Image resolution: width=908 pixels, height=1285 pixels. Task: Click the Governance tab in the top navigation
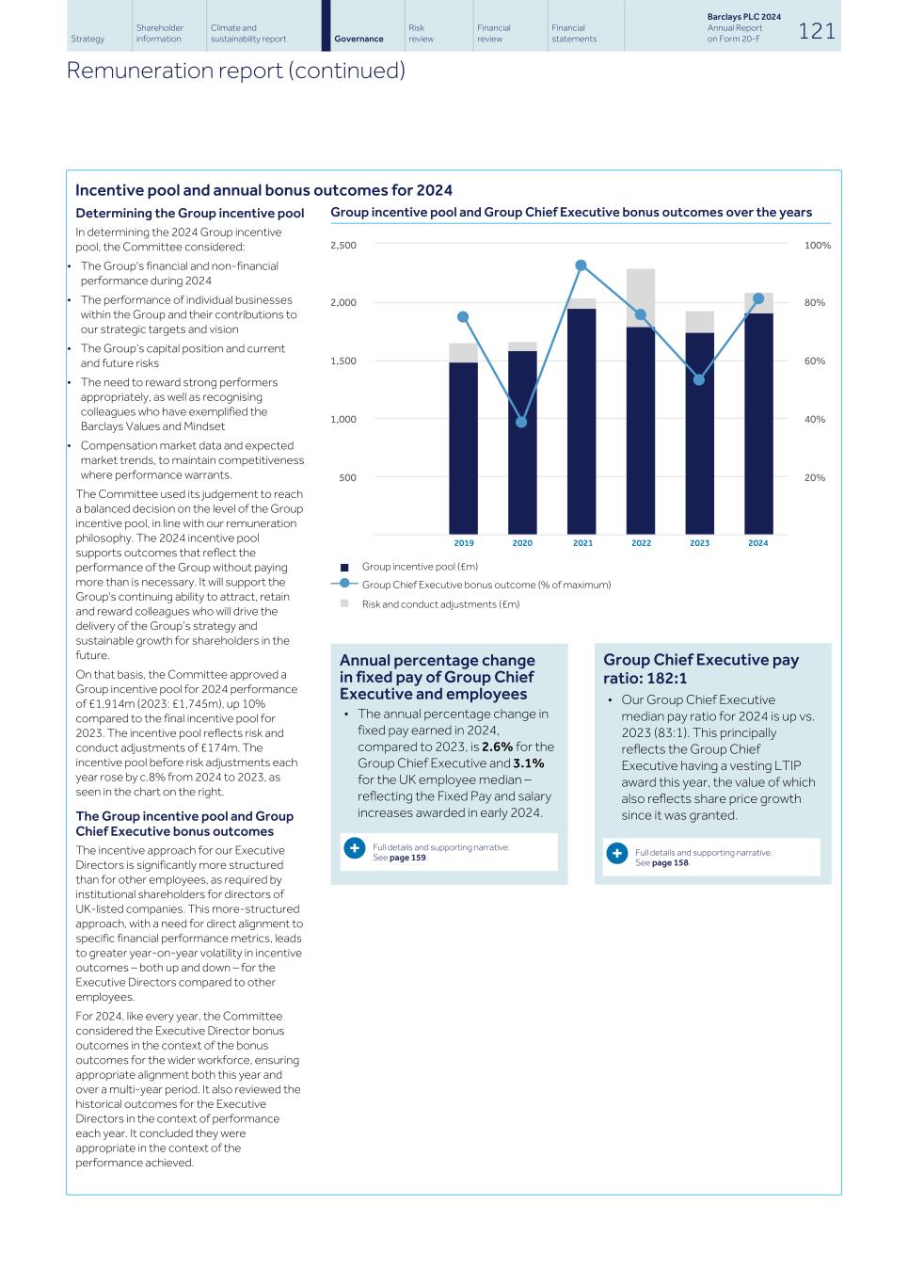358,39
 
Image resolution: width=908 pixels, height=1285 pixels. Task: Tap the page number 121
817,31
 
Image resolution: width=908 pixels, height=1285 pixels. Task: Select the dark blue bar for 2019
463,448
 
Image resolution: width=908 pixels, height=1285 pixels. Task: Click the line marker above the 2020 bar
521,422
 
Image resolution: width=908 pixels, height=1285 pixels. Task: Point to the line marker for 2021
581,265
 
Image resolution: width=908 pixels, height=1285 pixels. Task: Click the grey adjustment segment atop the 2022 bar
641,297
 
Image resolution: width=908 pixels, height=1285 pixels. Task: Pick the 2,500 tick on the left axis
343,246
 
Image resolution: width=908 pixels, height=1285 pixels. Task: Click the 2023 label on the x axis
699,543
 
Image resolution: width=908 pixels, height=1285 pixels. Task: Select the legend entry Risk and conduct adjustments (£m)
440,604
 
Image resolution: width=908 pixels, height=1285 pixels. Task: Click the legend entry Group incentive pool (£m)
420,567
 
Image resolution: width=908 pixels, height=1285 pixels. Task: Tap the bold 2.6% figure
497,747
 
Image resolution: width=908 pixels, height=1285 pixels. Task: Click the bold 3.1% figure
528,763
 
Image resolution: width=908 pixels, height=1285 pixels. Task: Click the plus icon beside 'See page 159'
354,848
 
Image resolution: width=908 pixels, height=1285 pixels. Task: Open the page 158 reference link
670,863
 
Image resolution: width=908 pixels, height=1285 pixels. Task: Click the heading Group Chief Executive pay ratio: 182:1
701,668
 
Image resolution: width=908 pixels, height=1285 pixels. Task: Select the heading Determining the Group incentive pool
189,214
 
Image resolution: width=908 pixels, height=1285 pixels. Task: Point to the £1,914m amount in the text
106,704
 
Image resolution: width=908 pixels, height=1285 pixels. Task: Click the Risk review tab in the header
421,34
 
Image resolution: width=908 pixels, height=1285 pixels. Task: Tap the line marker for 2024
758,298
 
